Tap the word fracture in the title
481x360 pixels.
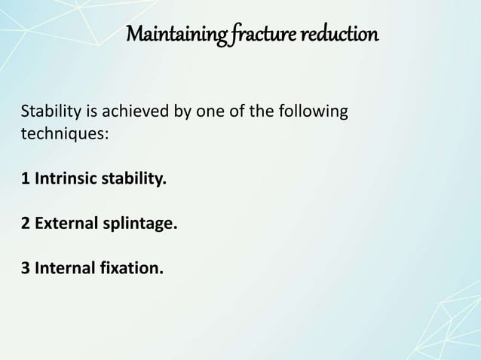(x=254, y=35)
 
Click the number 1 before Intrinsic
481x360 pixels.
(x=25, y=180)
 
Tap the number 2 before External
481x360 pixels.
(x=25, y=224)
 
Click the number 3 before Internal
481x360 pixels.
(x=25, y=267)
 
